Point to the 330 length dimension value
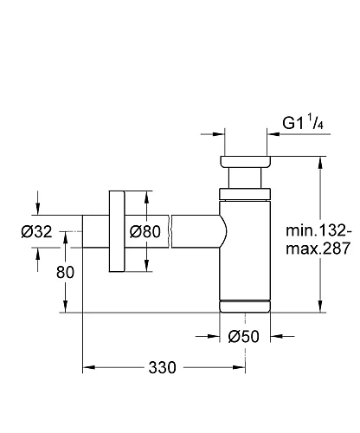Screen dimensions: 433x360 [162, 367]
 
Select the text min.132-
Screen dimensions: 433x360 [319, 231]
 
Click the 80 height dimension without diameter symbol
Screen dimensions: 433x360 [65, 271]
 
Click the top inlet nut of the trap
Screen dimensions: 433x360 [246, 163]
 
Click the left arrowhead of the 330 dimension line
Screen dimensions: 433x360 [87, 367]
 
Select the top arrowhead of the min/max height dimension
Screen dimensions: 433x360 [322, 162]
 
